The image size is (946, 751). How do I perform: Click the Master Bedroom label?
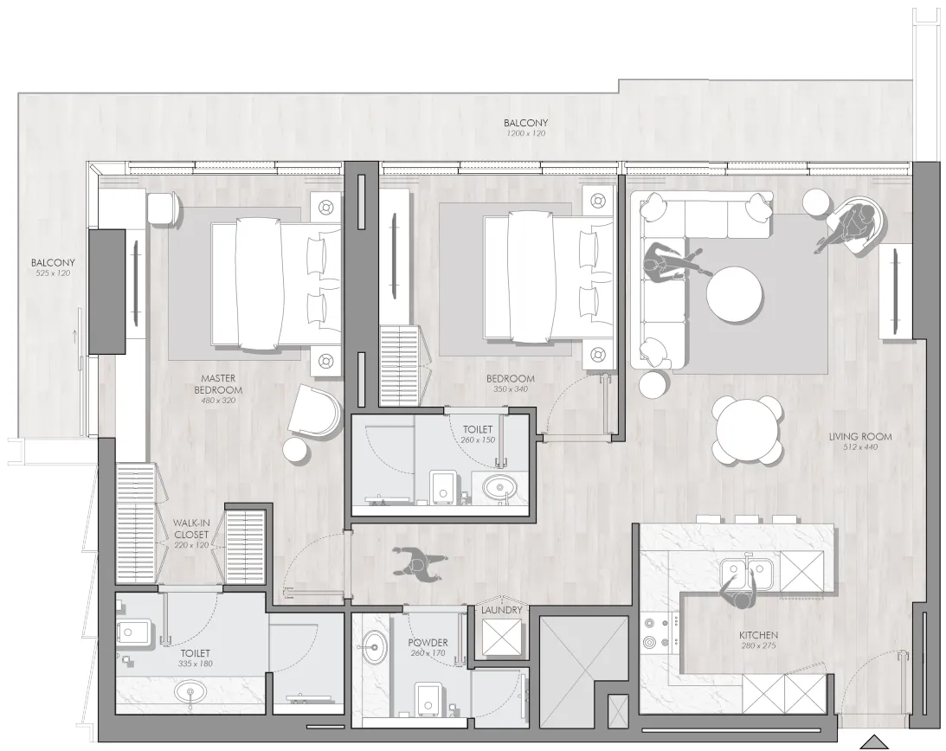pyautogui.click(x=218, y=384)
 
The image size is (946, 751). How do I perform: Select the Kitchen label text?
pyautogui.click(x=758, y=634)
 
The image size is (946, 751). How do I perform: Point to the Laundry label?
pyautogui.click(x=501, y=610)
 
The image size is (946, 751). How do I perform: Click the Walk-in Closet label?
pyautogui.click(x=190, y=529)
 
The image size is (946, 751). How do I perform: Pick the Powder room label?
pyautogui.click(x=428, y=643)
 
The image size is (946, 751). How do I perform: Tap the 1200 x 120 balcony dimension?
pyautogui.click(x=526, y=132)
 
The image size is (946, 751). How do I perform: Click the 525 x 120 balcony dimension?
pyautogui.click(x=53, y=273)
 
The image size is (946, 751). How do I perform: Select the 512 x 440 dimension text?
pyautogui.click(x=861, y=447)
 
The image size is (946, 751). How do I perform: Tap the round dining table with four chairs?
pyautogui.click(x=746, y=430)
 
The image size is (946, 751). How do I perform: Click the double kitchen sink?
pyautogui.click(x=746, y=574)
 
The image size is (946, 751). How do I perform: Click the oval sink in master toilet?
pyautogui.click(x=191, y=692)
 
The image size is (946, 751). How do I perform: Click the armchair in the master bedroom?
pyautogui.click(x=315, y=409)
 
